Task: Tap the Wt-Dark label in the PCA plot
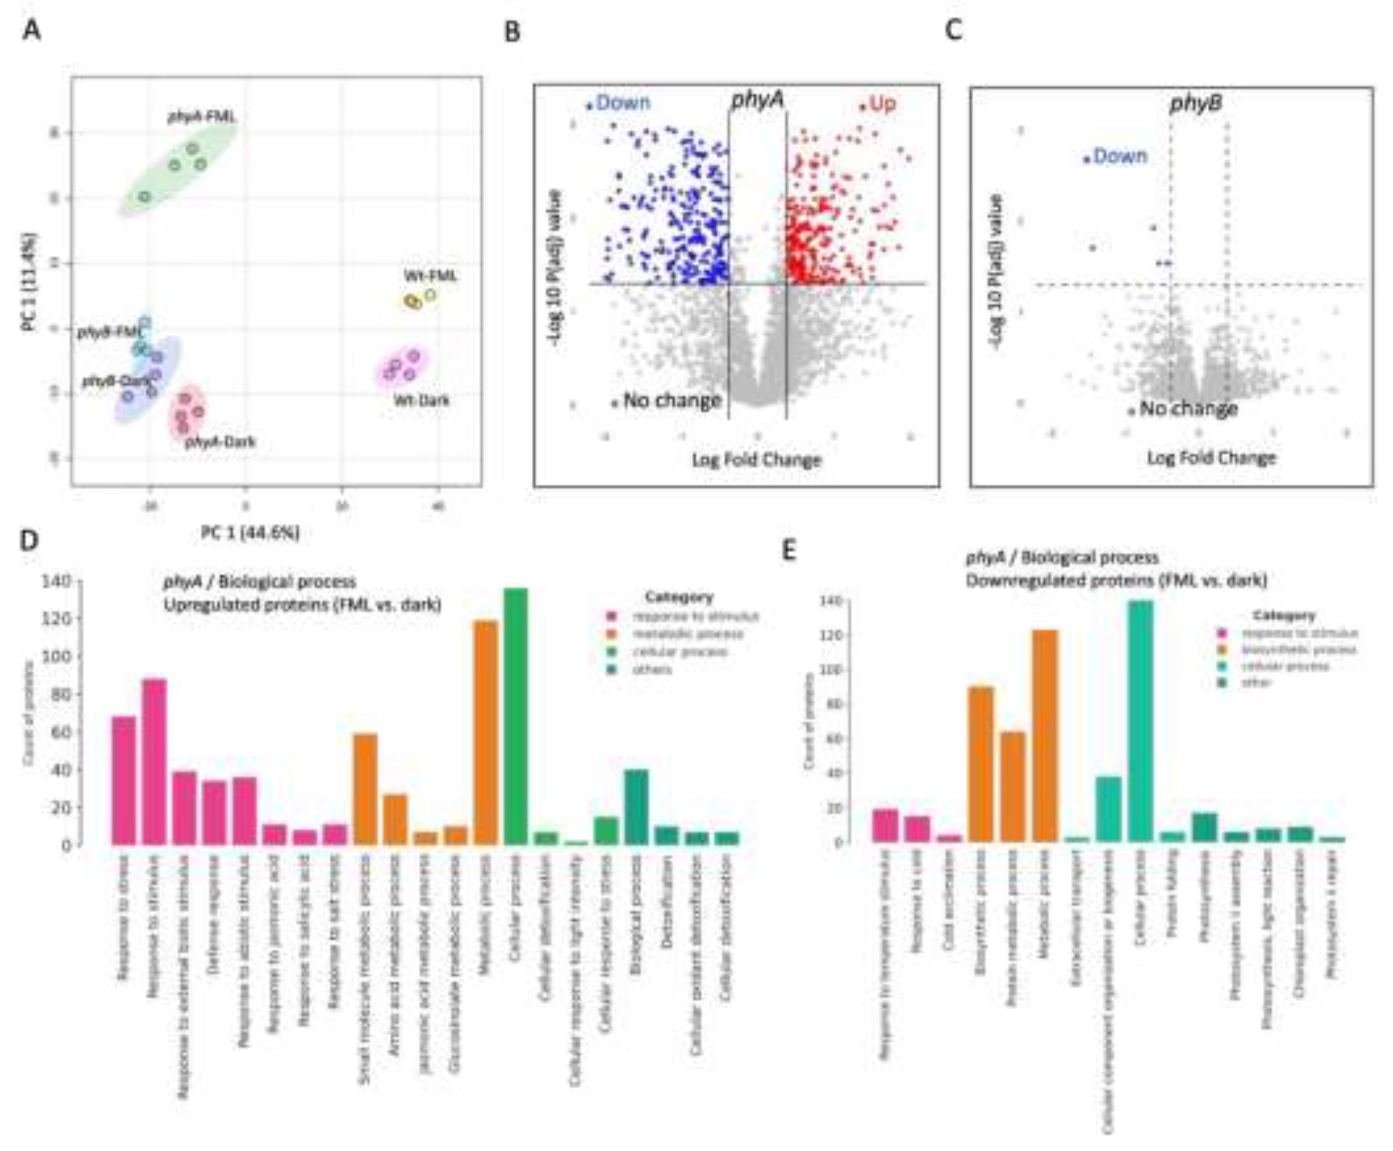point(421,400)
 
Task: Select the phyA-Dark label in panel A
point(220,442)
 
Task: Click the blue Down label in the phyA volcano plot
point(622,103)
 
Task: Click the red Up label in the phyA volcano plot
point(882,103)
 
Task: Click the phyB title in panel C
point(1196,103)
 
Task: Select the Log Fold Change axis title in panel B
point(756,459)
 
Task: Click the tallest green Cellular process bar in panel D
point(516,716)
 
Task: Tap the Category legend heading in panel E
point(1284,615)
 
